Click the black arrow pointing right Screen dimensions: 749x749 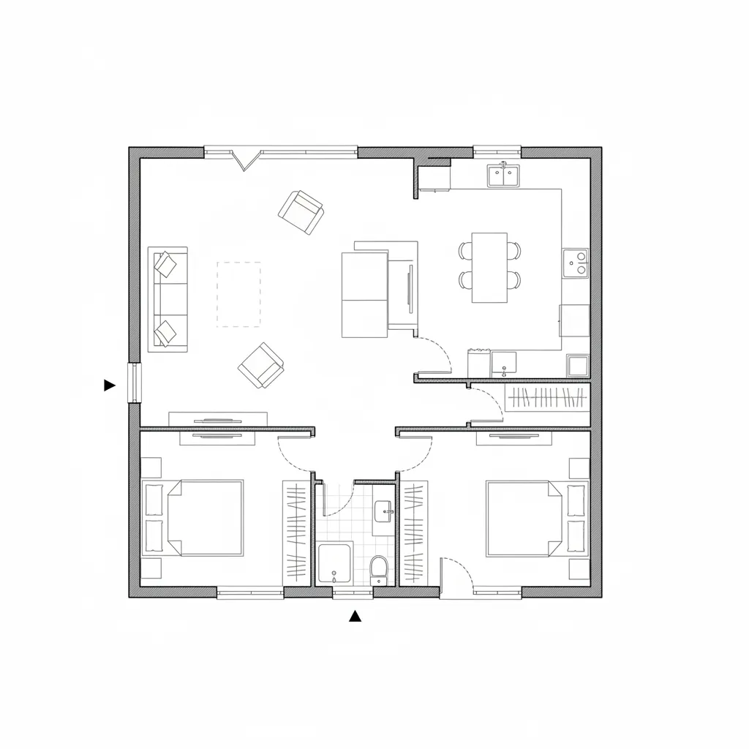tap(110, 385)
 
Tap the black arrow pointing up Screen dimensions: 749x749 tap(355, 616)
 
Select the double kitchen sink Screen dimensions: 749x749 tap(503, 176)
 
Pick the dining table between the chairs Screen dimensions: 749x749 tap(489, 267)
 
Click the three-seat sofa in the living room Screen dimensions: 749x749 tap(168, 299)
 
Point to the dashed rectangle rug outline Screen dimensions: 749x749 tap(238, 294)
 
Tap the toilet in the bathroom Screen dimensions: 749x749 tap(379, 568)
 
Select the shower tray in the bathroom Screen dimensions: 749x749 tap(335, 563)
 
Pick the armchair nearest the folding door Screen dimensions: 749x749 tap(301, 212)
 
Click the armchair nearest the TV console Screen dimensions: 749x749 tap(260, 365)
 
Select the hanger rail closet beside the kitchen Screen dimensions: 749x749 tap(547, 399)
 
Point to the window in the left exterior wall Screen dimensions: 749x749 tap(134, 383)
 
